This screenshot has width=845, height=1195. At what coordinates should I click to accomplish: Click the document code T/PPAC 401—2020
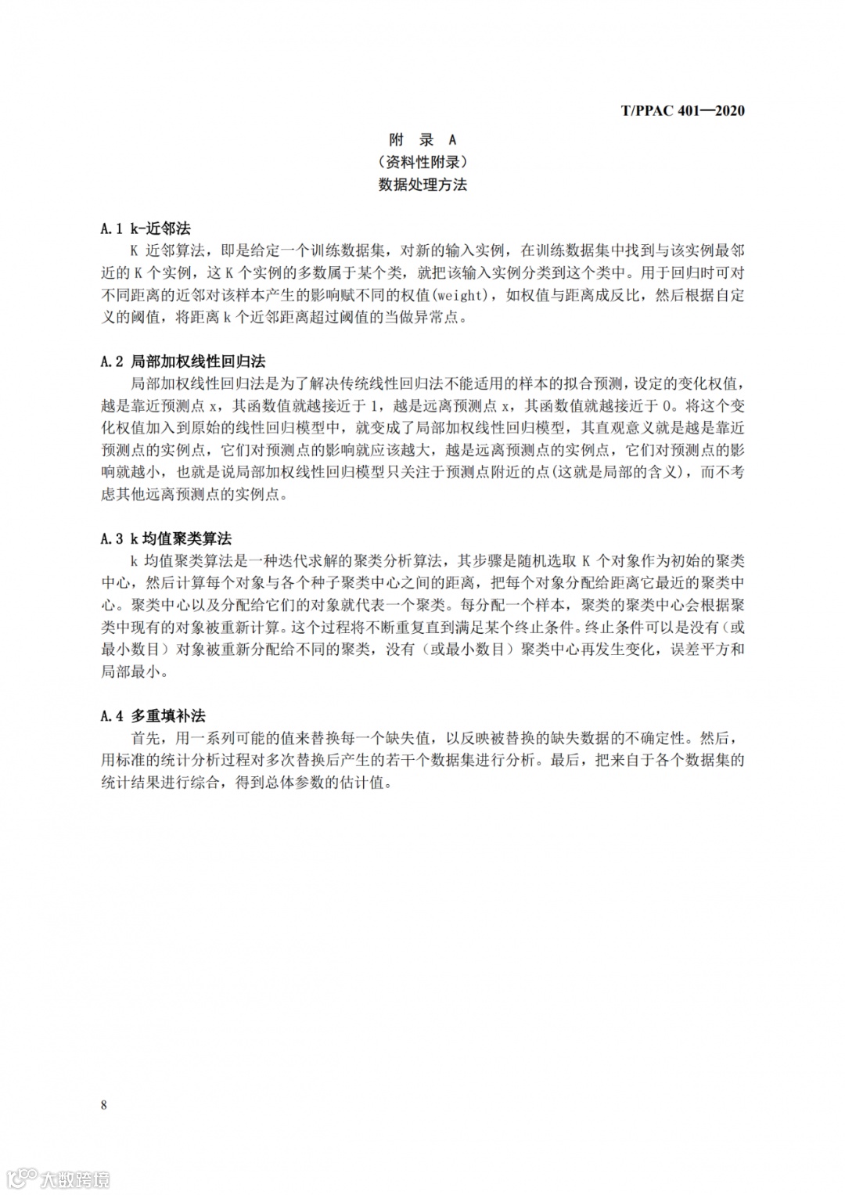pyautogui.click(x=682, y=110)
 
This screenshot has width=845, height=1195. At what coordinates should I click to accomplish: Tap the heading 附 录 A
pyautogui.click(x=422, y=140)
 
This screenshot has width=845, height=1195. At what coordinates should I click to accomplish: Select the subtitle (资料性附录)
pyautogui.click(x=422, y=163)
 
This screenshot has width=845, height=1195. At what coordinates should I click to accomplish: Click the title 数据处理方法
pyautogui.click(x=422, y=185)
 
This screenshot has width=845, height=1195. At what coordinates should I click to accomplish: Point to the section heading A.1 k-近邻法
pyautogui.click(x=146, y=229)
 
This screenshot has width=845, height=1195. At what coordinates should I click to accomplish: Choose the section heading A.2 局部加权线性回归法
pyautogui.click(x=183, y=362)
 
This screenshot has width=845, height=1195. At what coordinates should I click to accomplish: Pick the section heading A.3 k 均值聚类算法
pyautogui.click(x=166, y=538)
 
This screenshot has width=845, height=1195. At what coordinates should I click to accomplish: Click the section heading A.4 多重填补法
pyautogui.click(x=153, y=715)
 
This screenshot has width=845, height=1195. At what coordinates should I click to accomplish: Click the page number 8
pyautogui.click(x=104, y=1105)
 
